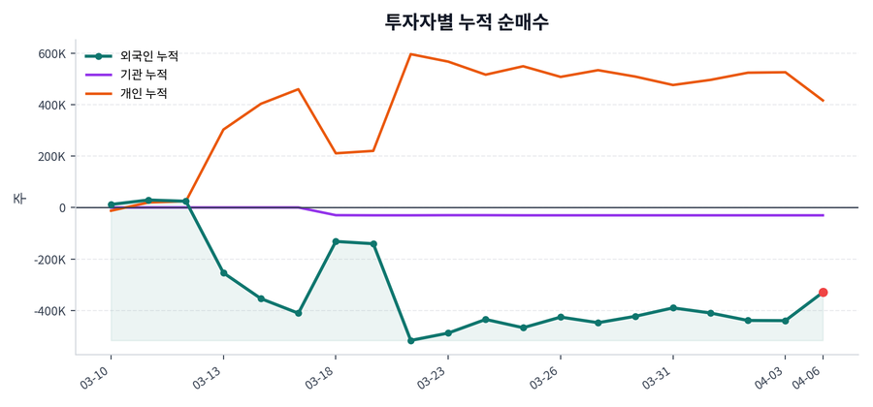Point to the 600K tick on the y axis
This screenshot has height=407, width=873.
pyautogui.click(x=51, y=53)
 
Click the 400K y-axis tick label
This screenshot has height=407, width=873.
pyautogui.click(x=51, y=105)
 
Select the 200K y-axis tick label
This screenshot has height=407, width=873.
pyautogui.click(x=51, y=156)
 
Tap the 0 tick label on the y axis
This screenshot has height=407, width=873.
pyautogui.click(x=62, y=207)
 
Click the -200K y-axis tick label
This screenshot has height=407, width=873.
pyautogui.click(x=48, y=260)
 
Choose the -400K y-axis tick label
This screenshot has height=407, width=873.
pyautogui.click(x=48, y=311)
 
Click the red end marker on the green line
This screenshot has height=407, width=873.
pyautogui.click(x=823, y=293)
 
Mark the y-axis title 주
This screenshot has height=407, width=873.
pyautogui.click(x=18, y=199)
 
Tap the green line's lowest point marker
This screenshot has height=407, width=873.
pyautogui.click(x=410, y=341)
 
